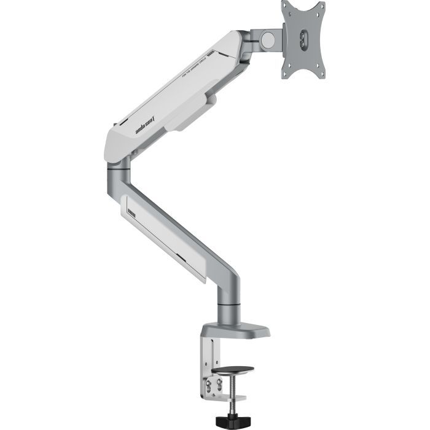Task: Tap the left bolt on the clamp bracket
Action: [x=209, y=386]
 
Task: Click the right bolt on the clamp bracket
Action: [x=219, y=386]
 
